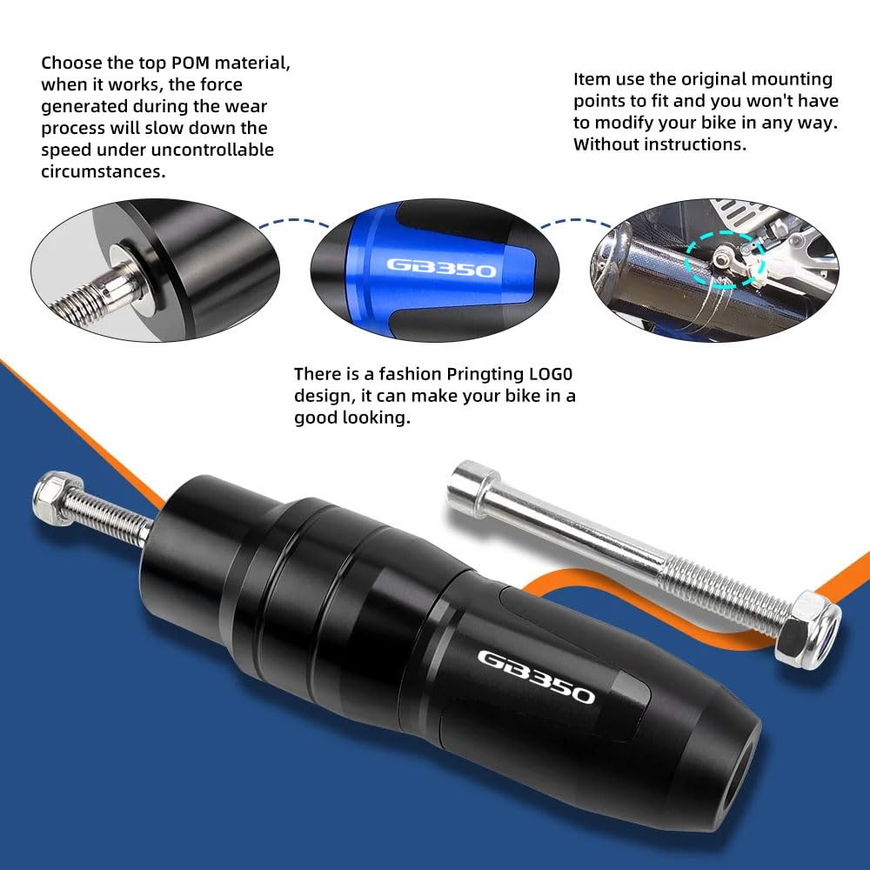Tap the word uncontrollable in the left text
pos(218,150)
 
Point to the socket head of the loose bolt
pos(475,483)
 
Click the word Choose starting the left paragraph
pos(70,63)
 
